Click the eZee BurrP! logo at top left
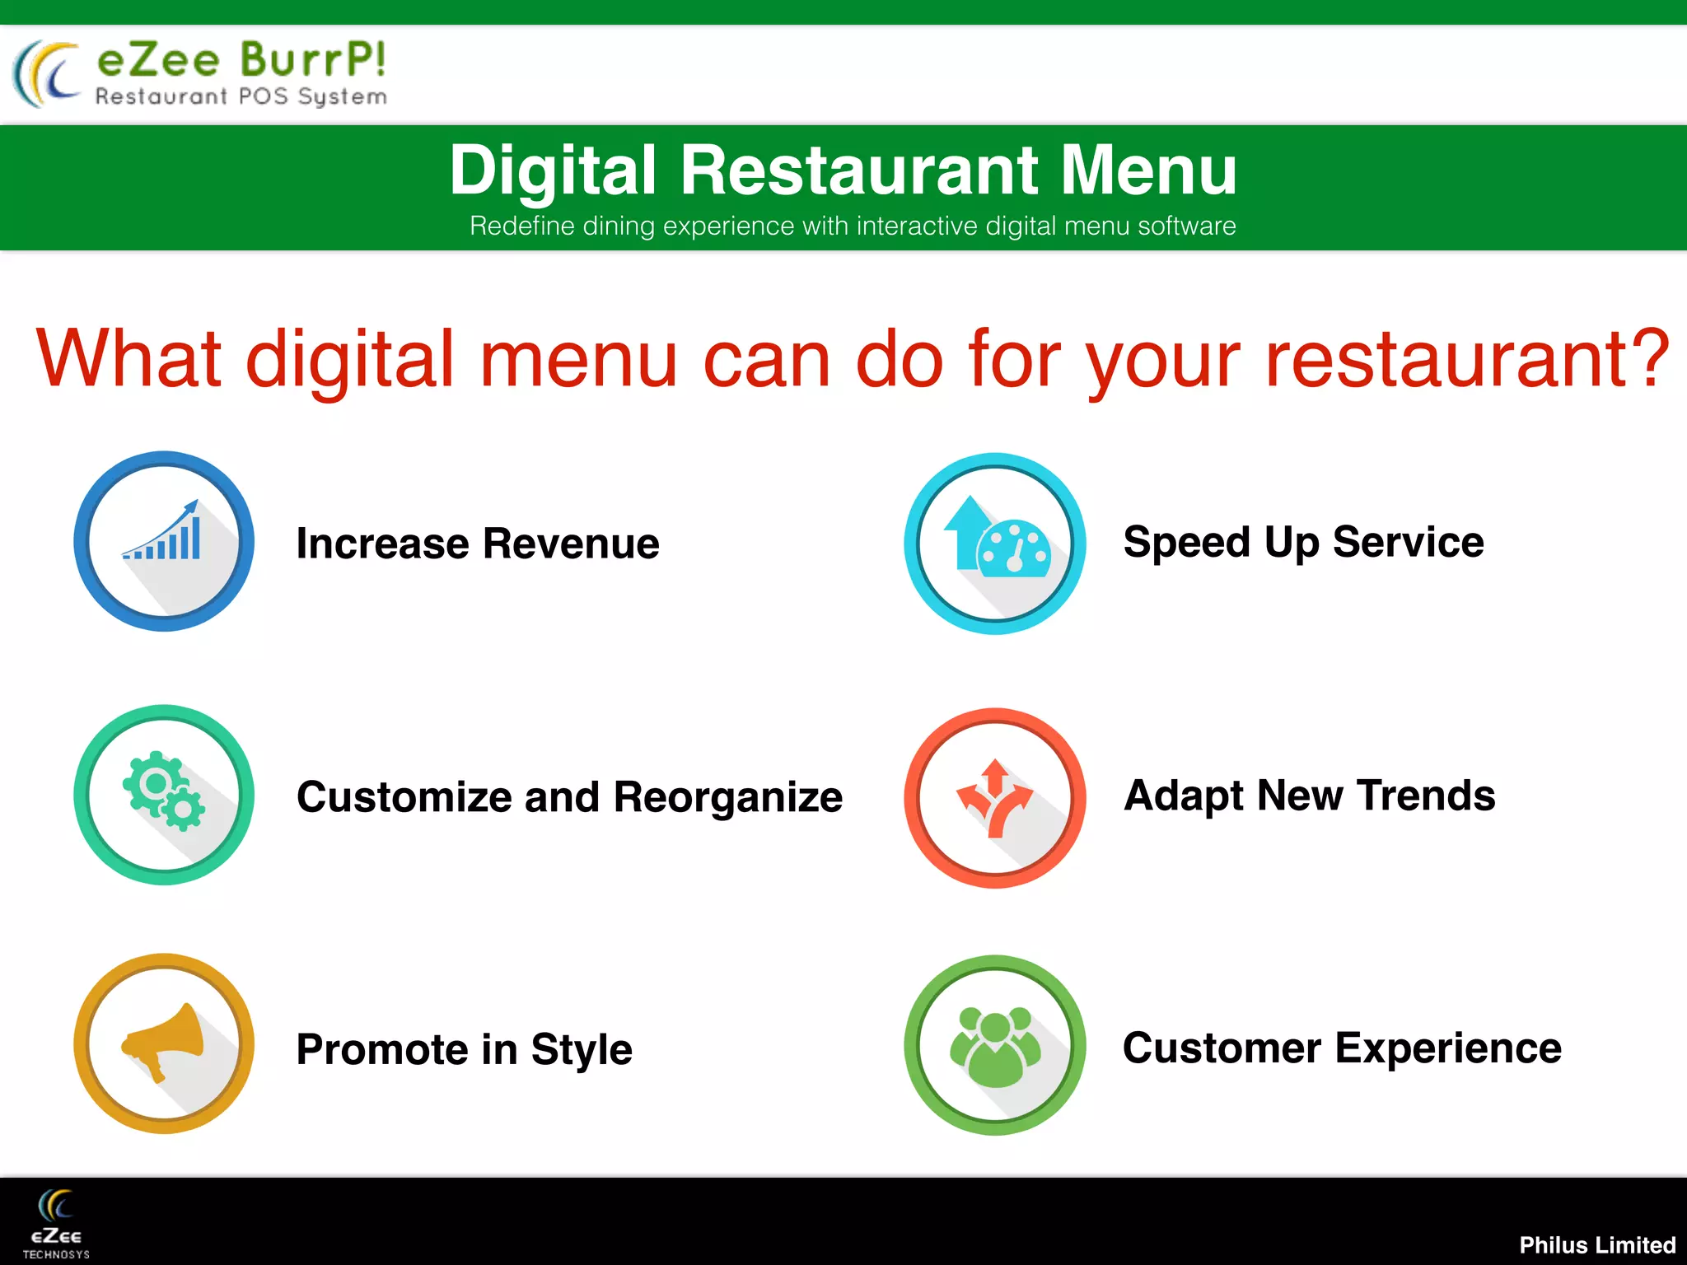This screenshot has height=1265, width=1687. click(x=199, y=73)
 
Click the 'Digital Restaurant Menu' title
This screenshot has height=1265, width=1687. click(x=843, y=170)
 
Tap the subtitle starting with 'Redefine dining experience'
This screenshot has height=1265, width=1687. click(x=853, y=226)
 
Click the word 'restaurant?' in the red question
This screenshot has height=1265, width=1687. click(x=1466, y=359)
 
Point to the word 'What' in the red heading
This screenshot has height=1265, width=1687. click(x=129, y=359)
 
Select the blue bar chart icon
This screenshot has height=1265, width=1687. click(x=164, y=541)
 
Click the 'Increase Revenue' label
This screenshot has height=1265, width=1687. click(x=478, y=544)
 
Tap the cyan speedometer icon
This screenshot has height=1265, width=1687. click(x=995, y=544)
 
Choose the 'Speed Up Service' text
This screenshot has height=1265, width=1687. click(x=1303, y=542)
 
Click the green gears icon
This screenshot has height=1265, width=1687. click(x=164, y=795)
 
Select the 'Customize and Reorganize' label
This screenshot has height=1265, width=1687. click(x=569, y=797)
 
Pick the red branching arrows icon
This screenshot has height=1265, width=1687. click(x=995, y=798)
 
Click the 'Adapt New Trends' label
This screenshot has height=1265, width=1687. click(x=1310, y=796)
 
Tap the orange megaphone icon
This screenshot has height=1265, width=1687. click(x=164, y=1043)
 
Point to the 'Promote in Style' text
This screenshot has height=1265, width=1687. click(x=464, y=1049)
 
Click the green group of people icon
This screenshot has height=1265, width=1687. click(x=995, y=1045)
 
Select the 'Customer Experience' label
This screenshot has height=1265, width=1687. click(x=1342, y=1048)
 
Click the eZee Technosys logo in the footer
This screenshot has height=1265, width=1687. click(x=56, y=1224)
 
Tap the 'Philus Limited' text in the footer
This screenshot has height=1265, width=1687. click(x=1596, y=1244)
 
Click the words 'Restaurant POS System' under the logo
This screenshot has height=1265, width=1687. click(x=241, y=97)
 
